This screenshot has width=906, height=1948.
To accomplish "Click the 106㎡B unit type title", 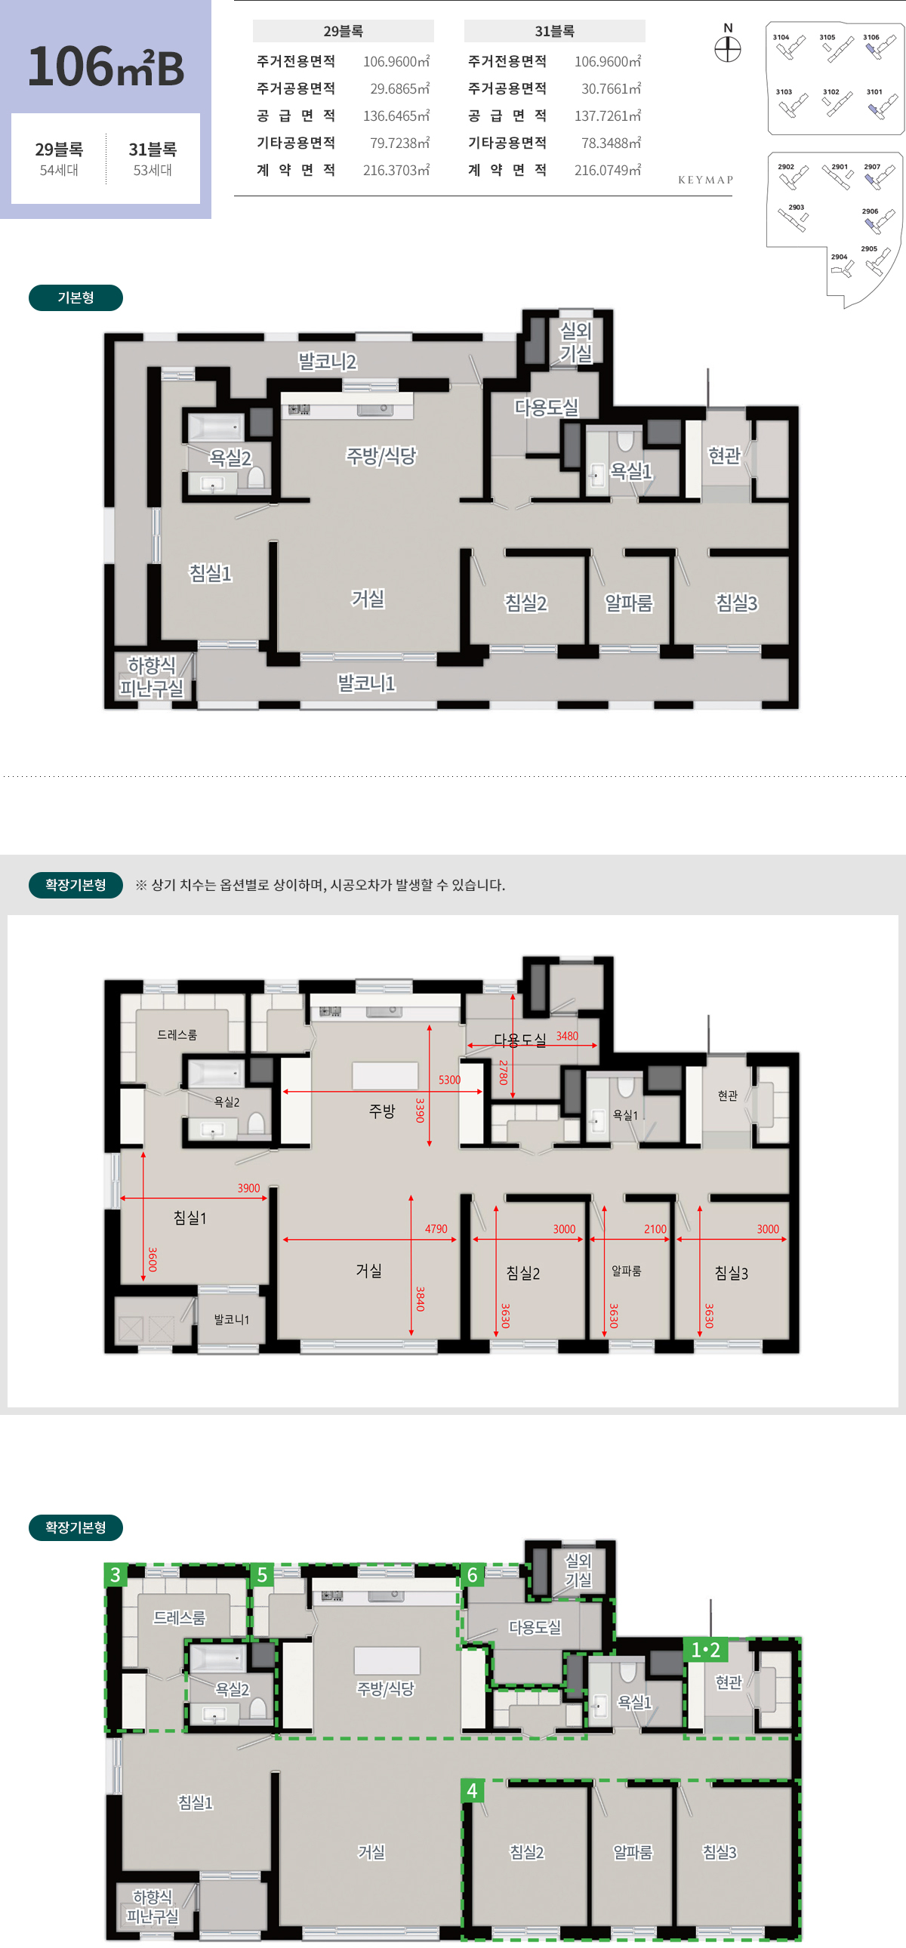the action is pos(106,66).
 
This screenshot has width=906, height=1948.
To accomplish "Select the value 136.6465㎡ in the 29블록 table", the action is pos(396,116).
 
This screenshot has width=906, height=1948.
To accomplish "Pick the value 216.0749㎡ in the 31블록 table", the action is pos(607,170).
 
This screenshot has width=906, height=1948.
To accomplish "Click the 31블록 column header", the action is pos(554,31).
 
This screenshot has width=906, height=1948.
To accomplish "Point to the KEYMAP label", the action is pos(706,180).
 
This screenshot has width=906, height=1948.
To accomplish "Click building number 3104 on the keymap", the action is pos(781,37).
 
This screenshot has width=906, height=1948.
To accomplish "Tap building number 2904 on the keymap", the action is pos(840,257).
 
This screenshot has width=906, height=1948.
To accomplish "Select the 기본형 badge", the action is pos(75,297).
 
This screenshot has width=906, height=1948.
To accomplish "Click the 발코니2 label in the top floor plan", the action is pos(328,362).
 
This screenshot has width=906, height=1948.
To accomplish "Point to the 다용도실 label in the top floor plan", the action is pos(546,407).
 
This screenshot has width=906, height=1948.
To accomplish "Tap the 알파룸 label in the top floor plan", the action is pos(628,603).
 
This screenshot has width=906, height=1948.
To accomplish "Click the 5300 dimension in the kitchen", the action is pos(449,1080).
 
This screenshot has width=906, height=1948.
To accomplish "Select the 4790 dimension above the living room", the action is pos(436,1229).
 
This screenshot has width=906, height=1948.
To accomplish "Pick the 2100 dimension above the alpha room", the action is pos(655,1229).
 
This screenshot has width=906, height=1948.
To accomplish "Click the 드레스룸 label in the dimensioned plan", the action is pos(177,1034).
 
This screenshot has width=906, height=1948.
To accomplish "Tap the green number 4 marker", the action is pos(472,1790).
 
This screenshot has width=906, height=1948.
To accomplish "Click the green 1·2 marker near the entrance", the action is pos(706,1650).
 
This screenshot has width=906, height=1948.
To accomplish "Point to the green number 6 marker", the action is pos(472,1574).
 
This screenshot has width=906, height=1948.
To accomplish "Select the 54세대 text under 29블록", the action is pos(59,170).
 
